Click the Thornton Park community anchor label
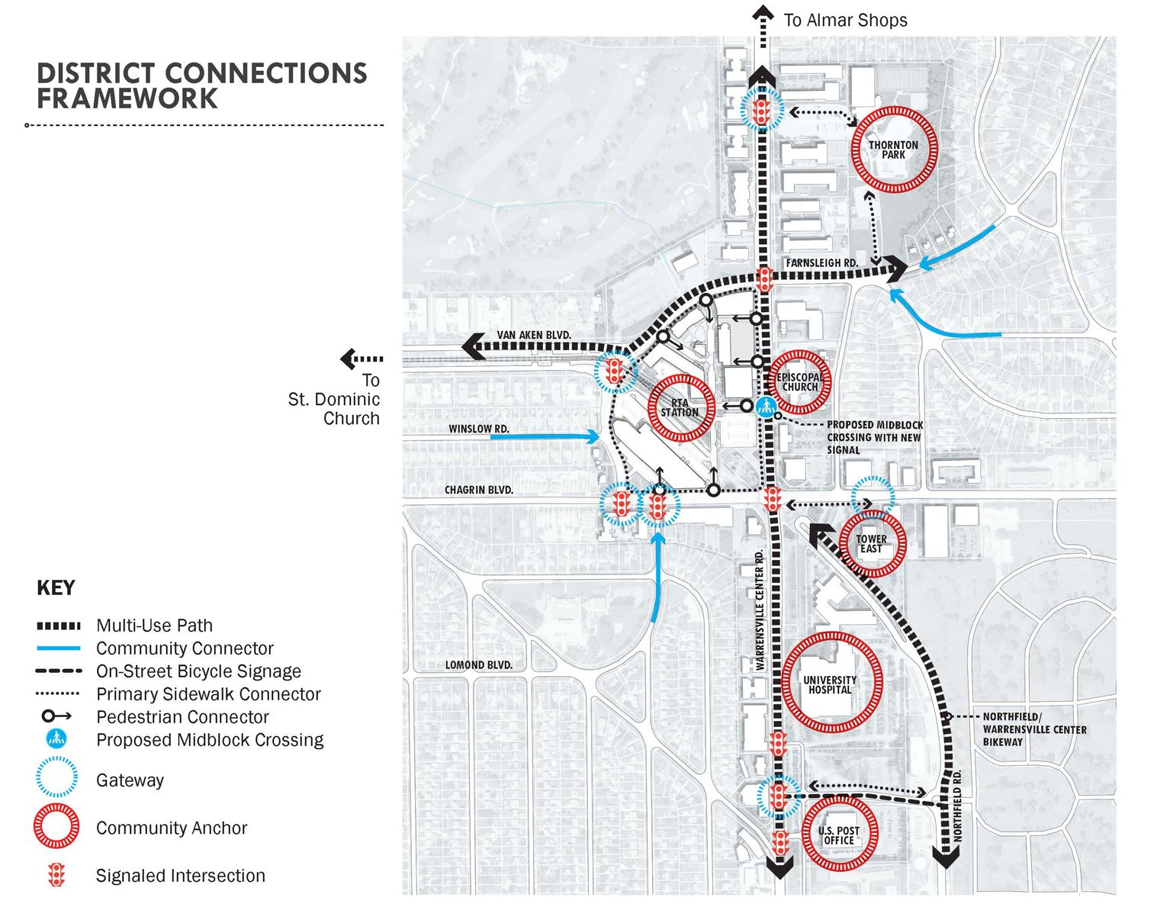(x=893, y=150)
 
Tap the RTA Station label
(x=680, y=407)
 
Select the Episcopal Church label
(x=800, y=381)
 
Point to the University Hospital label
(x=830, y=684)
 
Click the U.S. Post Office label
(x=839, y=835)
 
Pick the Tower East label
(x=871, y=544)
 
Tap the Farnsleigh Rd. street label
(x=821, y=262)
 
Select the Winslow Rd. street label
(x=479, y=429)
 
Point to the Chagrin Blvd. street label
(x=479, y=490)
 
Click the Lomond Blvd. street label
(x=479, y=665)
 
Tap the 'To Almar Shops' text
(x=845, y=20)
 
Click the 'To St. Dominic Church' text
(x=335, y=399)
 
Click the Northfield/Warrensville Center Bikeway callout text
(x=1033, y=729)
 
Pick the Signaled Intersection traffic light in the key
(x=56, y=875)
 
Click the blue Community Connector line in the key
(x=58, y=648)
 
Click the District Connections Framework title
(x=202, y=85)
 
